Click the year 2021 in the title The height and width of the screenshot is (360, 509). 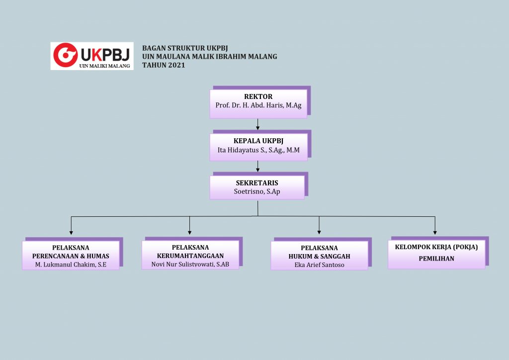[176, 65]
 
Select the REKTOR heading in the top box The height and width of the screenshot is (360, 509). [258, 96]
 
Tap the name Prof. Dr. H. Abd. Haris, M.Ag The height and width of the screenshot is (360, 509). [258, 105]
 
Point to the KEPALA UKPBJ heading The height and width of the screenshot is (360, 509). [258, 141]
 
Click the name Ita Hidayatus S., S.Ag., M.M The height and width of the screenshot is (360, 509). [258, 150]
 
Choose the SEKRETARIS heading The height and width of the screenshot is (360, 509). [257, 183]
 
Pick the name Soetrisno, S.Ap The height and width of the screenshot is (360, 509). [257, 191]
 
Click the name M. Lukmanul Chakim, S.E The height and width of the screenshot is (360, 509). [71, 265]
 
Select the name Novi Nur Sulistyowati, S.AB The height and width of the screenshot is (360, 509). [190, 264]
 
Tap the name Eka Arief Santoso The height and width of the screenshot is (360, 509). [319, 265]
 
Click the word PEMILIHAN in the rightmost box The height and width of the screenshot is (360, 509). [436, 259]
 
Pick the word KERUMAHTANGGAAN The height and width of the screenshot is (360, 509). [190, 256]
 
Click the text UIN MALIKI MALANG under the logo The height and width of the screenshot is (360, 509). [104, 65]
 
